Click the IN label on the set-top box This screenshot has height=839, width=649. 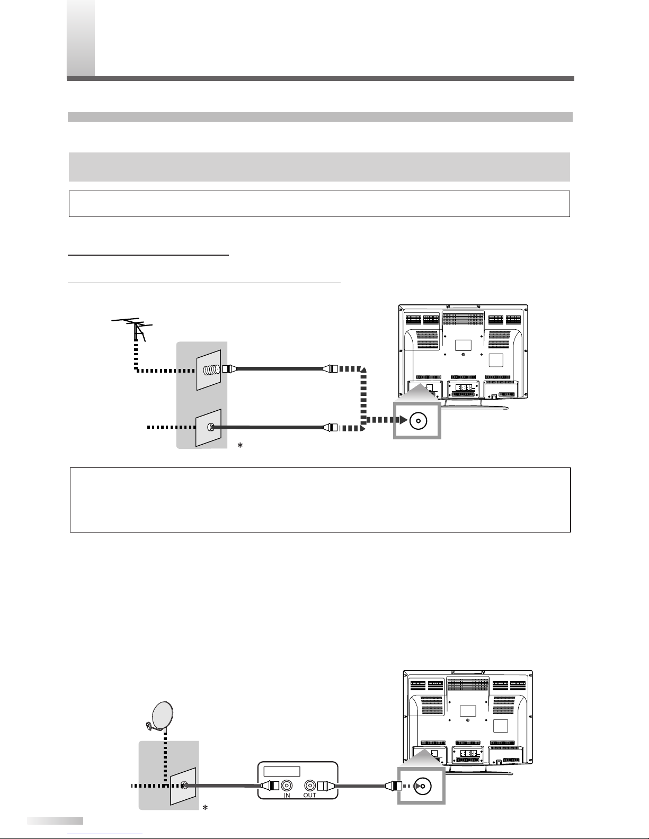coord(287,796)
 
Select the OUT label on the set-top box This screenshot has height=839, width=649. coord(310,796)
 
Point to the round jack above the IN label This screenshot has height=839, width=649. coord(287,786)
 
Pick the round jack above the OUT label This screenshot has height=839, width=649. coord(310,786)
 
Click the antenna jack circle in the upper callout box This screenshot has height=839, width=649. coord(418,420)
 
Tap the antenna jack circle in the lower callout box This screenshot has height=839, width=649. coord(422,786)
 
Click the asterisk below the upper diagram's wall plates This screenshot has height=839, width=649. coord(240,446)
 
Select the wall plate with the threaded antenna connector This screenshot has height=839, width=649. coord(209,370)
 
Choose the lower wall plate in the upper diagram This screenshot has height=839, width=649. coord(209,428)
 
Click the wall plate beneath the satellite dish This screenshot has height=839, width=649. coord(183,786)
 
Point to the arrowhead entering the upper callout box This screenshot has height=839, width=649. coord(404,420)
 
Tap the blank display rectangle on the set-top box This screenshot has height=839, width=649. coord(282,771)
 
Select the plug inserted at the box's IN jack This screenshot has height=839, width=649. coord(270,786)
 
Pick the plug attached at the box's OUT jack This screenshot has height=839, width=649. coord(326,786)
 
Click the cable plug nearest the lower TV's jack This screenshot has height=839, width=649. coord(393,786)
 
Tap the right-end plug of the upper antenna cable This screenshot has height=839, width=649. coord(330,369)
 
